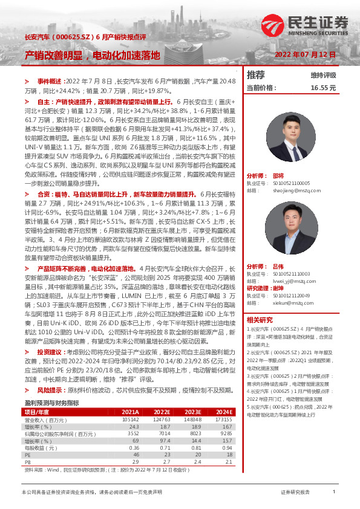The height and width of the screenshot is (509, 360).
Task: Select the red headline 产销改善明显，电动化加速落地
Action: click(x=92, y=55)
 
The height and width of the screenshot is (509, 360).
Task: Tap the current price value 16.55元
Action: click(x=323, y=88)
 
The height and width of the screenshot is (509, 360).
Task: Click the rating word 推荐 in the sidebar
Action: click(x=256, y=75)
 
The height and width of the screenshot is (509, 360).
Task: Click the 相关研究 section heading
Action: click(x=260, y=320)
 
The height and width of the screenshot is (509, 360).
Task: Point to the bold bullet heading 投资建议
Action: click(x=50, y=351)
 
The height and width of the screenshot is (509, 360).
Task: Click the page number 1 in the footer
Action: click(x=334, y=493)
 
